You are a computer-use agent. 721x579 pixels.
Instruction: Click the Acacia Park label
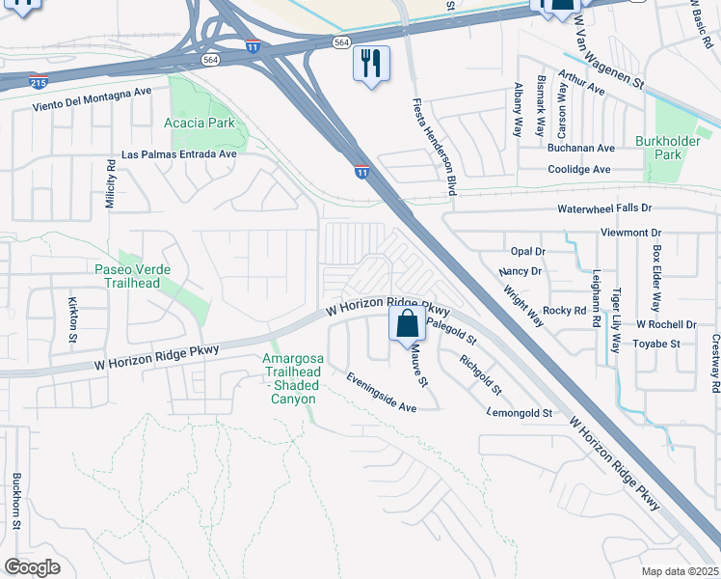pos(200,124)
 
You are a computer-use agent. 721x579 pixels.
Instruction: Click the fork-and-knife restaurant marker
pos(371,65)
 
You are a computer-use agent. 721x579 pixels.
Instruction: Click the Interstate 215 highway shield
pos(39,82)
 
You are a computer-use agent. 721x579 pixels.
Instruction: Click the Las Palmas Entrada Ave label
pos(178,154)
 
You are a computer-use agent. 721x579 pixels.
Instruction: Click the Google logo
pos(32,566)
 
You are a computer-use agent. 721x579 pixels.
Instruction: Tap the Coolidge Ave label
pos(580,170)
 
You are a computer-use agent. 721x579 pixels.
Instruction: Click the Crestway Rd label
pos(715,364)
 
